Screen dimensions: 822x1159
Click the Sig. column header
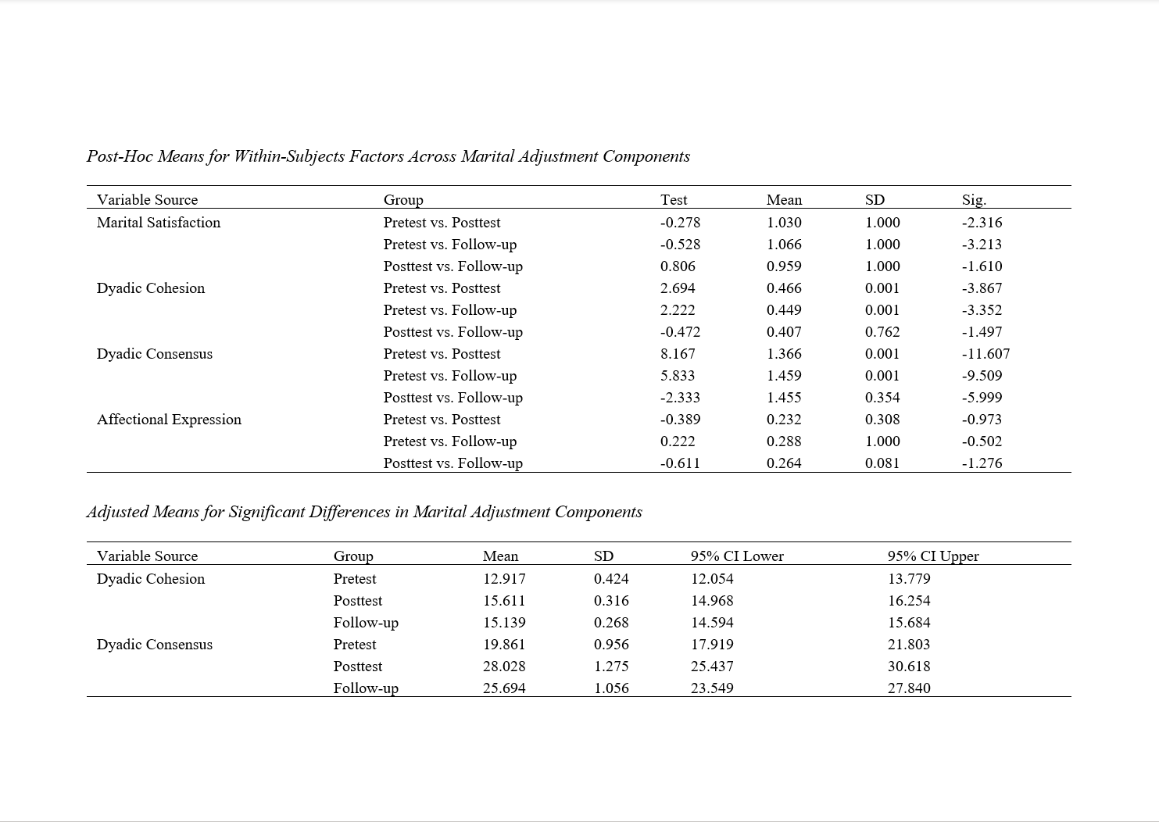(974, 200)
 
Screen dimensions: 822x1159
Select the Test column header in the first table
(674, 200)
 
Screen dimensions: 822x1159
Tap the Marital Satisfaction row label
(159, 223)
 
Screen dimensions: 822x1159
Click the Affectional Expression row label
(169, 420)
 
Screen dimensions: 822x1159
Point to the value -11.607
(986, 354)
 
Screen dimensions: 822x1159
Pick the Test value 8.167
(678, 354)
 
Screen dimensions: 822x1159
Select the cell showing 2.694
(678, 288)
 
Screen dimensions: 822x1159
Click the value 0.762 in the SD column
(882, 332)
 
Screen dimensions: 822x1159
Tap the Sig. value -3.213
(982, 245)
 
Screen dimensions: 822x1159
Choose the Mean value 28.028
(504, 667)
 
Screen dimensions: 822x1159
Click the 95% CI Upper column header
(933, 556)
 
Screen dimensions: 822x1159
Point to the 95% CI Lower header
(737, 556)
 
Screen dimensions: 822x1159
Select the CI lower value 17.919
(712, 645)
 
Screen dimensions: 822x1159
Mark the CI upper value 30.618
(909, 667)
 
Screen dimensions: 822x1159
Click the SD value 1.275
(611, 667)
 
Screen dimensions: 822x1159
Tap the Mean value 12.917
(504, 579)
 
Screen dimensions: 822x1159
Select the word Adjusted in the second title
(117, 513)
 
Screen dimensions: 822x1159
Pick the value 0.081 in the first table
(882, 463)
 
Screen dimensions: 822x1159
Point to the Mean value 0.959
(784, 266)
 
